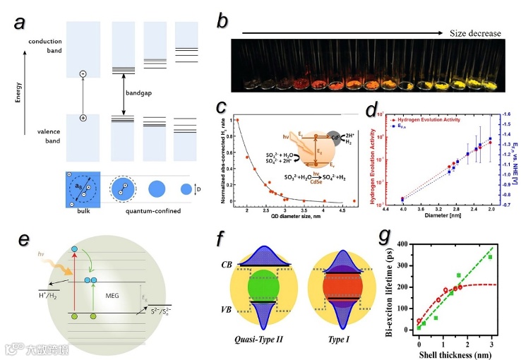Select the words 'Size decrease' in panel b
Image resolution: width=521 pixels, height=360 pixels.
(476, 32)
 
